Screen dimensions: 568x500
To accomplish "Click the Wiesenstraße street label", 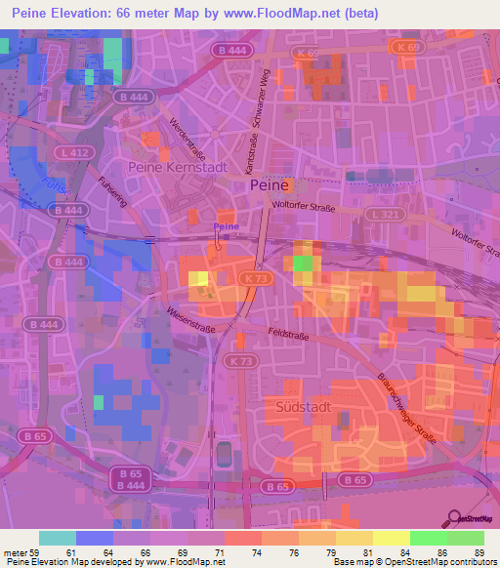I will [x=178, y=323].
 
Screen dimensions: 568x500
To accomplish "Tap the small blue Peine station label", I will [x=226, y=226].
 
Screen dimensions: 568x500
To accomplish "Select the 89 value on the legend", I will [x=479, y=553].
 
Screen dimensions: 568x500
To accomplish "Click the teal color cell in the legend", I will [x=57, y=538].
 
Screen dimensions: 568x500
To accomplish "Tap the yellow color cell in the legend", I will [x=391, y=538].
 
